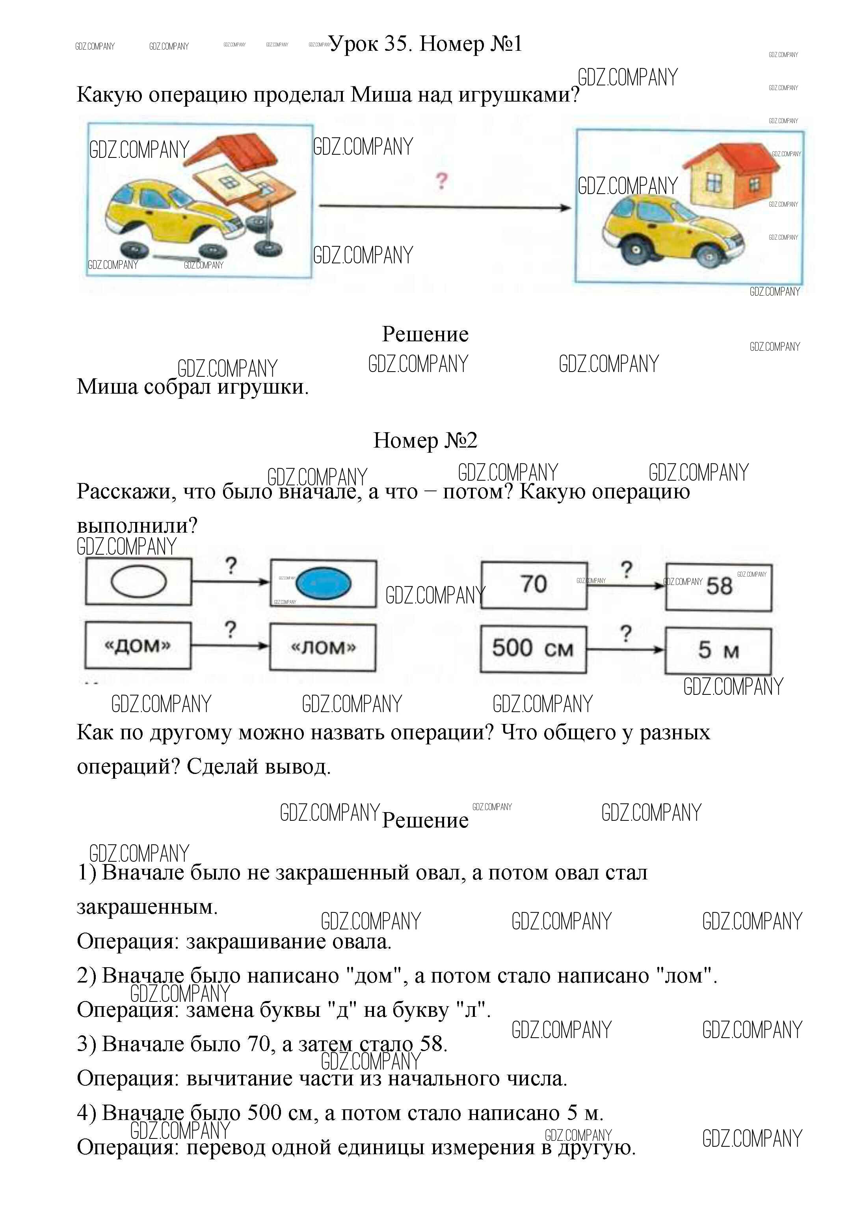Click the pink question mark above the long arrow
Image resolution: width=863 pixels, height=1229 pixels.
[x=441, y=181]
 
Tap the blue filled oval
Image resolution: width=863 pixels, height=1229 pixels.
[x=324, y=583]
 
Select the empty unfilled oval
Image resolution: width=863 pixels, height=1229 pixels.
[x=139, y=581]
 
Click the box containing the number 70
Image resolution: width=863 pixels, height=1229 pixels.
[x=534, y=585]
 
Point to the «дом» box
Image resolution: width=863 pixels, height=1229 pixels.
[x=138, y=646]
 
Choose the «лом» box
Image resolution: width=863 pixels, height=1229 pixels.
[x=322, y=648]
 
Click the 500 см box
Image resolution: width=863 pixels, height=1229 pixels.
[x=533, y=649]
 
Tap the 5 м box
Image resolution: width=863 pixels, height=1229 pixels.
[x=718, y=651]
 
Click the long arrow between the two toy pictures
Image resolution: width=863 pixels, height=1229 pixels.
[x=445, y=207]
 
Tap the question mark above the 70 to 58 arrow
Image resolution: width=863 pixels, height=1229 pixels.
[x=626, y=570]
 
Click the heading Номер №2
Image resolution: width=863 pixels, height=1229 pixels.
[x=425, y=441]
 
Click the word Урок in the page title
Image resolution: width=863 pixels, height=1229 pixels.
[x=353, y=44]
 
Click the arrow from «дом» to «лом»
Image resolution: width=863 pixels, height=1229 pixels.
[x=230, y=646]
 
